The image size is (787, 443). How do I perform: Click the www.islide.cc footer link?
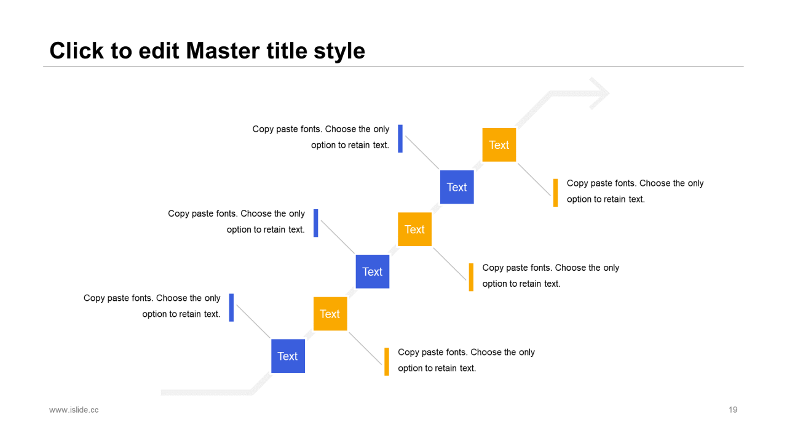tap(74, 410)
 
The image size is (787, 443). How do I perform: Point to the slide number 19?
tap(733, 410)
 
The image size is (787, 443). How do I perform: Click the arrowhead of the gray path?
tap(599, 94)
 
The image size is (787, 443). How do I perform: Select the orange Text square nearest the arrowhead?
tap(499, 145)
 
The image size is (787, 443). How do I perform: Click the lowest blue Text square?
tap(288, 356)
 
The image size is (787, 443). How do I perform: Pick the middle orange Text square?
tap(414, 229)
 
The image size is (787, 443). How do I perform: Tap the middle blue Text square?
tap(372, 271)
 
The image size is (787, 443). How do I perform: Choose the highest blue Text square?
tap(457, 187)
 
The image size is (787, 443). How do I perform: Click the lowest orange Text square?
tap(330, 314)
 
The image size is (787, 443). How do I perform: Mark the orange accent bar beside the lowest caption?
tap(387, 361)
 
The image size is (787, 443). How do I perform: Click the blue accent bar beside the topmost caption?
tap(400, 138)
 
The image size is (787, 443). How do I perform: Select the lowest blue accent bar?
tap(231, 307)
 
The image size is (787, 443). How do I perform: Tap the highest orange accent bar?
tap(555, 193)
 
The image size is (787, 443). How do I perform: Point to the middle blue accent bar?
tap(316, 223)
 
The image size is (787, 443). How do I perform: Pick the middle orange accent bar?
tap(471, 277)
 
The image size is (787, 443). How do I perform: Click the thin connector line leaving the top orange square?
tap(533, 178)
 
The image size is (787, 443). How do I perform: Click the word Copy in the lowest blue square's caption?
tap(94, 298)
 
